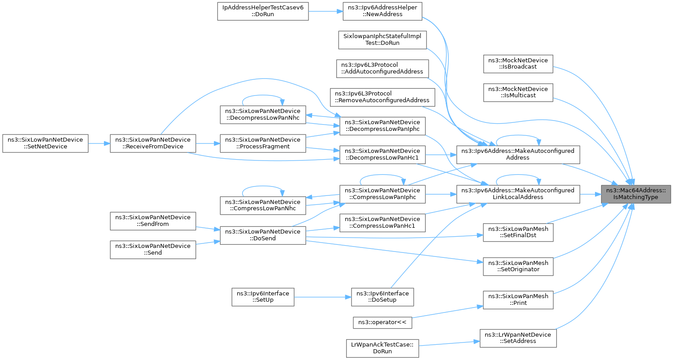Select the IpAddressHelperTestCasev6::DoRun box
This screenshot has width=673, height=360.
[263, 11]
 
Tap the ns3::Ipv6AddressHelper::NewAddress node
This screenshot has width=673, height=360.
[382, 11]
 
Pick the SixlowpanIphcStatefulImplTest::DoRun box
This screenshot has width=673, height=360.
[382, 39]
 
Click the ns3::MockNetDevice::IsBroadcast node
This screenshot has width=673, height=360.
[518, 64]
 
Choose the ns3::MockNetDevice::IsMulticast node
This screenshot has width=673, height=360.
[518, 92]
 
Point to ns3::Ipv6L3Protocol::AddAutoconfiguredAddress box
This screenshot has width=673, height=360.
[382, 69]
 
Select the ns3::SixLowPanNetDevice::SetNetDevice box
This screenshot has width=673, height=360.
[45, 143]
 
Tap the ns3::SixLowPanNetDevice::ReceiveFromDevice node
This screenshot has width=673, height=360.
[153, 143]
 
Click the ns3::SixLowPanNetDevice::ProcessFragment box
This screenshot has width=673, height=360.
[262, 143]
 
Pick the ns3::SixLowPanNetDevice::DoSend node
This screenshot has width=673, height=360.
[262, 235]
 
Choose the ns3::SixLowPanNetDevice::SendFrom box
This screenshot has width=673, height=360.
[153, 221]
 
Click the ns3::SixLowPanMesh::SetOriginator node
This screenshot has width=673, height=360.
[518, 266]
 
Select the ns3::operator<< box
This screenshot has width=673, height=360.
[382, 321]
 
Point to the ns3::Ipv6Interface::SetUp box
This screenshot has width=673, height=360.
[263, 297]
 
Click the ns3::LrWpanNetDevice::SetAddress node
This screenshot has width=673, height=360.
[518, 338]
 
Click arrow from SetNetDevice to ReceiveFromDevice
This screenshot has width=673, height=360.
[99, 143]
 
